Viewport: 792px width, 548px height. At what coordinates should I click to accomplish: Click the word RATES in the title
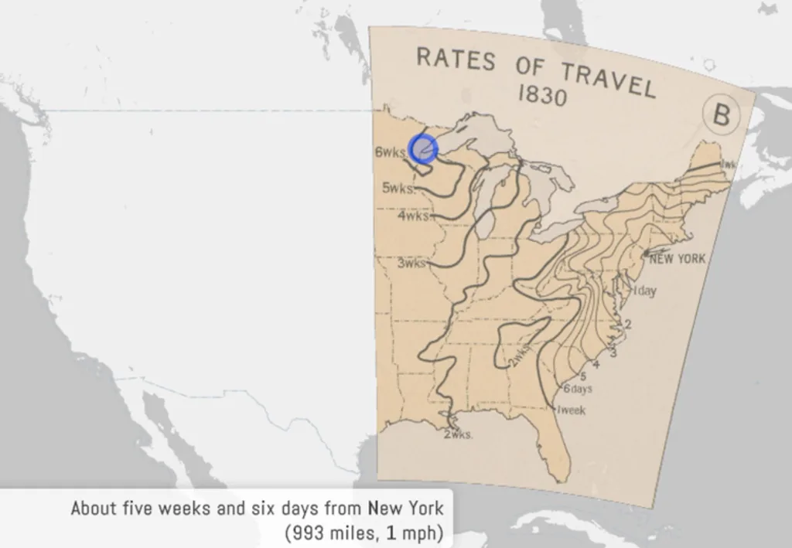pos(456,59)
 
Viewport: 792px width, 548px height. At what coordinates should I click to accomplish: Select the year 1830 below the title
pos(541,96)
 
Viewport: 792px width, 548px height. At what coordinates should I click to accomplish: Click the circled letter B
pos(721,116)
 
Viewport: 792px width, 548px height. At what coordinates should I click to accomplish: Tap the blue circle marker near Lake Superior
pos(422,148)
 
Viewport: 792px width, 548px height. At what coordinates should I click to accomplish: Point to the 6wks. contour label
pos(391,152)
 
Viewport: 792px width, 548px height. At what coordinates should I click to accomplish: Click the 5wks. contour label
pos(398,188)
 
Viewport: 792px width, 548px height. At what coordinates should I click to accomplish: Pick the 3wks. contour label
pos(411,263)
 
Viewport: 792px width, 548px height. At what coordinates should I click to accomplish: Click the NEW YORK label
pos(678,259)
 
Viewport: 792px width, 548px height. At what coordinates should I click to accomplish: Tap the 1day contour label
pos(644,291)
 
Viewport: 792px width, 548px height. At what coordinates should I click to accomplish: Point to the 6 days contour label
pos(577,389)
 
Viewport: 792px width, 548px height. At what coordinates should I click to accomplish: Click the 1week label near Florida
pos(571,410)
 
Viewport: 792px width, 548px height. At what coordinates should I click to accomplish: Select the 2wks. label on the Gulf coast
pos(457,434)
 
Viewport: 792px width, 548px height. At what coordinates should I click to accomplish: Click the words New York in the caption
pos(406,509)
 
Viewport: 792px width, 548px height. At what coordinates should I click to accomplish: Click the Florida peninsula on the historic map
pos(554,448)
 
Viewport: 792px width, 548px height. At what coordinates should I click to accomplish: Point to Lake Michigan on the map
pos(486,205)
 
